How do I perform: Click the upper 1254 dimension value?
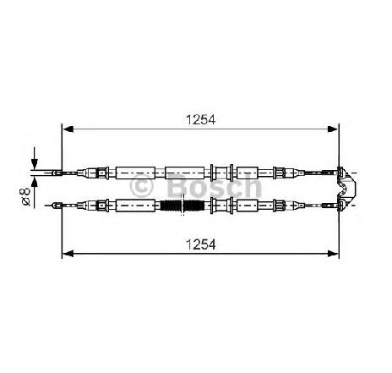coord(200,120)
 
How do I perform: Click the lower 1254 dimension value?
coord(200,244)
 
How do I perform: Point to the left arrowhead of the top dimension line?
coord(68,129)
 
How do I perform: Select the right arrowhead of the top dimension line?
coord(332,129)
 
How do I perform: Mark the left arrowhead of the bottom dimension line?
coord(68,254)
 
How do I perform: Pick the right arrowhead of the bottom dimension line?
coord(332,254)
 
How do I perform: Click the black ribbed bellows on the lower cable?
coord(182,206)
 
